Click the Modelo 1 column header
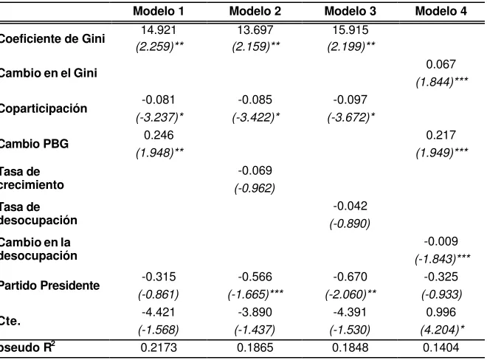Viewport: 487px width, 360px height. pyautogui.click(x=159, y=11)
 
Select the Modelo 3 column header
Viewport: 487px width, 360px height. pyautogui.click(x=350, y=11)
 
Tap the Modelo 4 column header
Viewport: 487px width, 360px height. pyautogui.click(x=441, y=11)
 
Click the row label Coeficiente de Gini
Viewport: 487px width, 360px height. pyautogui.click(x=52, y=39)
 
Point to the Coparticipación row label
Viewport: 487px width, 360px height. pyautogui.click(x=44, y=108)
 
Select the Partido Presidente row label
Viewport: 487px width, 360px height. pyautogui.click(x=49, y=285)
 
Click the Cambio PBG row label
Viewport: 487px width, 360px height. pyautogui.click(x=34, y=144)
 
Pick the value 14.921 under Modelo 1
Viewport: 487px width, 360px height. pyautogui.click(x=159, y=30)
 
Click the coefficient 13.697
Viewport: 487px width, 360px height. pyautogui.click(x=255, y=30)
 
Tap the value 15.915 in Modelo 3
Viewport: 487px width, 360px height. pyautogui.click(x=350, y=30)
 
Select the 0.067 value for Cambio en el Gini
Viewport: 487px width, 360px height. pyautogui.click(x=441, y=64)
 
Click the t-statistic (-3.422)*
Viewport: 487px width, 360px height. pyautogui.click(x=256, y=117)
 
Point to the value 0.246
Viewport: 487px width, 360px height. pyautogui.click(x=159, y=135)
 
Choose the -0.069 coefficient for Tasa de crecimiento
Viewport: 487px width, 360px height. pyautogui.click(x=255, y=170)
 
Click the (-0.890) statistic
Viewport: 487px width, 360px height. pyautogui.click(x=350, y=224)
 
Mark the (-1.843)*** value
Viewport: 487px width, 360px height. pyautogui.click(x=443, y=259)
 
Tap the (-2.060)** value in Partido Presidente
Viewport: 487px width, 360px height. pyautogui.click(x=350, y=294)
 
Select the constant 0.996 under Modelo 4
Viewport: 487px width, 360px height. pyautogui.click(x=441, y=312)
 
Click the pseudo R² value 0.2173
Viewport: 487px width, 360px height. pyautogui.click(x=159, y=347)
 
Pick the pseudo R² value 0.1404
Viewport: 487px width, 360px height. pyautogui.click(x=441, y=347)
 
